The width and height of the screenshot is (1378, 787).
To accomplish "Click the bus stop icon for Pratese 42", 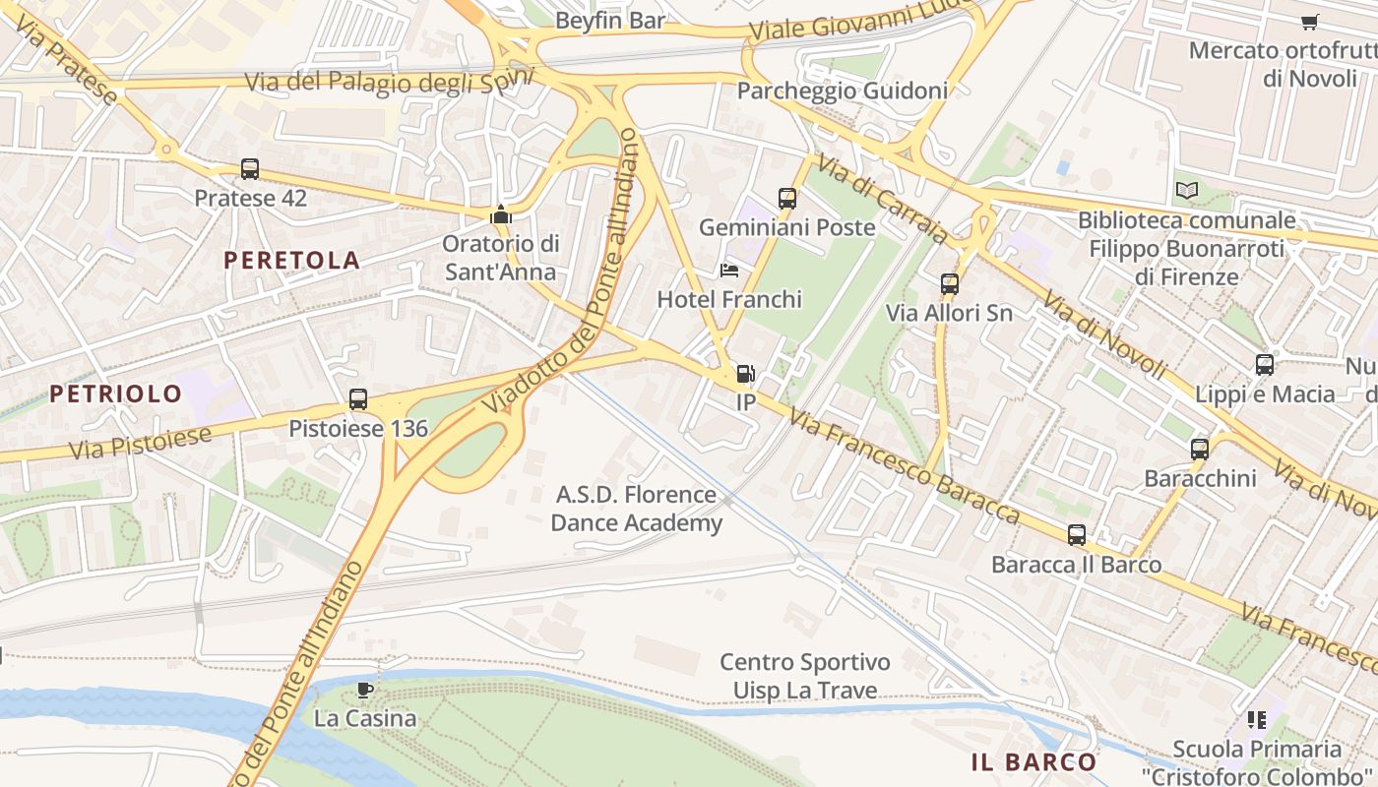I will [x=250, y=169].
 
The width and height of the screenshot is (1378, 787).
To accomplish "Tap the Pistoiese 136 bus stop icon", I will [x=358, y=399].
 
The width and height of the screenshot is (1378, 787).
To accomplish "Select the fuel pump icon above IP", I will [x=745, y=374].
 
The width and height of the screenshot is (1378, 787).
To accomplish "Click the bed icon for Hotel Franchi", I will [x=728, y=271].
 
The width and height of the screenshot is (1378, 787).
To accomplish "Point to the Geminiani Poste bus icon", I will [x=786, y=199].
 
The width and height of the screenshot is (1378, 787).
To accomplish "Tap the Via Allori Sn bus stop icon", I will [x=949, y=284].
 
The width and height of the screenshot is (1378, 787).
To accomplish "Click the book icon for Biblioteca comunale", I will [x=1187, y=191].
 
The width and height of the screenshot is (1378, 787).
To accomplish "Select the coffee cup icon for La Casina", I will [x=364, y=690].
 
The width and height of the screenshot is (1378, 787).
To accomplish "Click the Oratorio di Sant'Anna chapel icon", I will [x=501, y=214].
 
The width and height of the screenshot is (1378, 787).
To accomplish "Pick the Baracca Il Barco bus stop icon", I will [x=1077, y=535].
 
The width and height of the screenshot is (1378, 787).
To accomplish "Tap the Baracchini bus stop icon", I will [x=1199, y=450].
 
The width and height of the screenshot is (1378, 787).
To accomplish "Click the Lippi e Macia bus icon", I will [x=1265, y=365].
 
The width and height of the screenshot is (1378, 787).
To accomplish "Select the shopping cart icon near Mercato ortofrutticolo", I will [x=1309, y=22].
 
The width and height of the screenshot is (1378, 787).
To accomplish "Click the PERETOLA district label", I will [x=291, y=260].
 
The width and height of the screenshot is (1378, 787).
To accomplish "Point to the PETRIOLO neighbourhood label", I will [x=116, y=394].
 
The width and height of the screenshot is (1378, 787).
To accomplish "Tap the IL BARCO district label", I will [x=1033, y=761].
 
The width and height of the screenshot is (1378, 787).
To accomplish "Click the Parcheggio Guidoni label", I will [x=842, y=91].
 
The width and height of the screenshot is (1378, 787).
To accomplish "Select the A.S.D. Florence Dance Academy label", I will [x=636, y=509].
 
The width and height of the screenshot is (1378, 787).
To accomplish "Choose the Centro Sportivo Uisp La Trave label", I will [x=804, y=677].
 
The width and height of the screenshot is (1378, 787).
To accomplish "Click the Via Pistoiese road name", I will [x=140, y=444].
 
